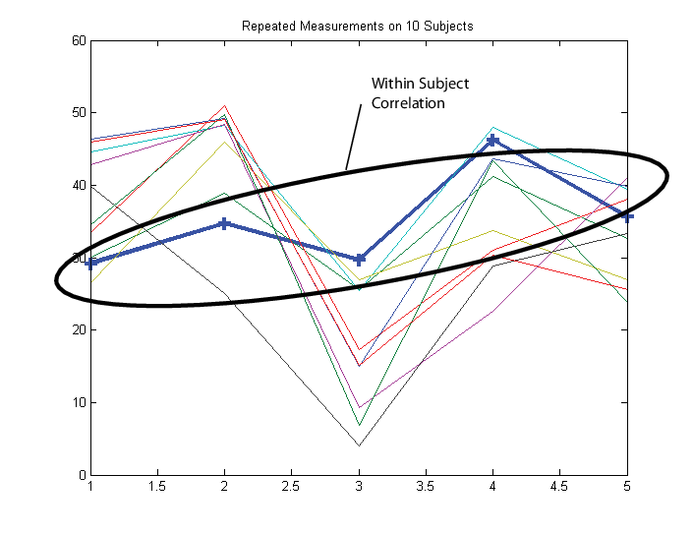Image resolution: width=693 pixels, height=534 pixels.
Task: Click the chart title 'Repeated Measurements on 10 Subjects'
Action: click(x=357, y=26)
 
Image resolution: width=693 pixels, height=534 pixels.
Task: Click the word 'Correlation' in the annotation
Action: click(x=408, y=102)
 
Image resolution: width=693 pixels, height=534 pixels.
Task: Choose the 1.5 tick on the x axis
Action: click(x=157, y=487)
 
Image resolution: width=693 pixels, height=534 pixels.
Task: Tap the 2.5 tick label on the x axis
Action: click(x=291, y=487)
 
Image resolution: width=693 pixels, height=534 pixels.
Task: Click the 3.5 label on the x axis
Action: click(x=426, y=487)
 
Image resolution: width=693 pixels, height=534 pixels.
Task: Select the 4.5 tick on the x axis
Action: click(x=559, y=487)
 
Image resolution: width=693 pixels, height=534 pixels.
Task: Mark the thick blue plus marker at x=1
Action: click(x=91, y=263)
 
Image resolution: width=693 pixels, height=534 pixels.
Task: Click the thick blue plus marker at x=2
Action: click(x=224, y=223)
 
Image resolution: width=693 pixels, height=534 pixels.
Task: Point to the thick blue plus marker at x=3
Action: click(x=359, y=260)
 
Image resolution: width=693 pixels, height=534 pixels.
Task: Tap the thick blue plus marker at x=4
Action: click(x=492, y=141)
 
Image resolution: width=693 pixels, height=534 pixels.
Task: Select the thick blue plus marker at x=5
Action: click(x=626, y=216)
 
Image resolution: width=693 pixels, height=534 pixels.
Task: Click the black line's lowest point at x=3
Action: click(x=359, y=445)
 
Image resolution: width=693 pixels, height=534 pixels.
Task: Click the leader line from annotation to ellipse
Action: click(x=354, y=138)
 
